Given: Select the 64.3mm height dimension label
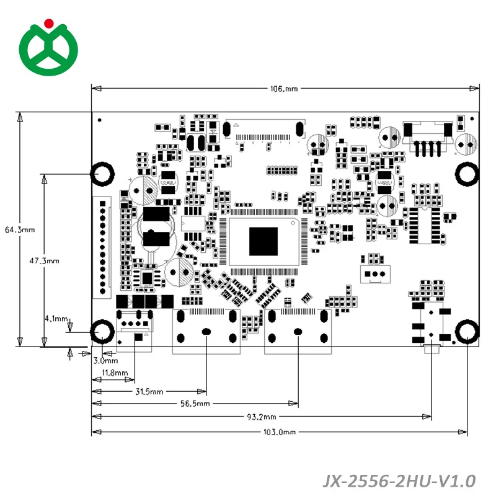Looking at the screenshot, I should point(19,229).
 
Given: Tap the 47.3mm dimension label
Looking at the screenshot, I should point(44,261).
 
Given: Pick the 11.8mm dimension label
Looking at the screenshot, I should point(115,373).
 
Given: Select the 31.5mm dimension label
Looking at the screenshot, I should point(150,391).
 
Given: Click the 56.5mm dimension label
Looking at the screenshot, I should point(195,404).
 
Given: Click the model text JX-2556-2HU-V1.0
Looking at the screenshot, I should point(399,480).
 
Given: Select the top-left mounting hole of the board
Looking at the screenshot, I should point(103,174).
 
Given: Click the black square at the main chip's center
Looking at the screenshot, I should point(263,241).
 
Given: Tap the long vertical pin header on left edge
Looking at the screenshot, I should point(103,247).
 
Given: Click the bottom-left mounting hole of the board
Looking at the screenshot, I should point(103,332).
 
